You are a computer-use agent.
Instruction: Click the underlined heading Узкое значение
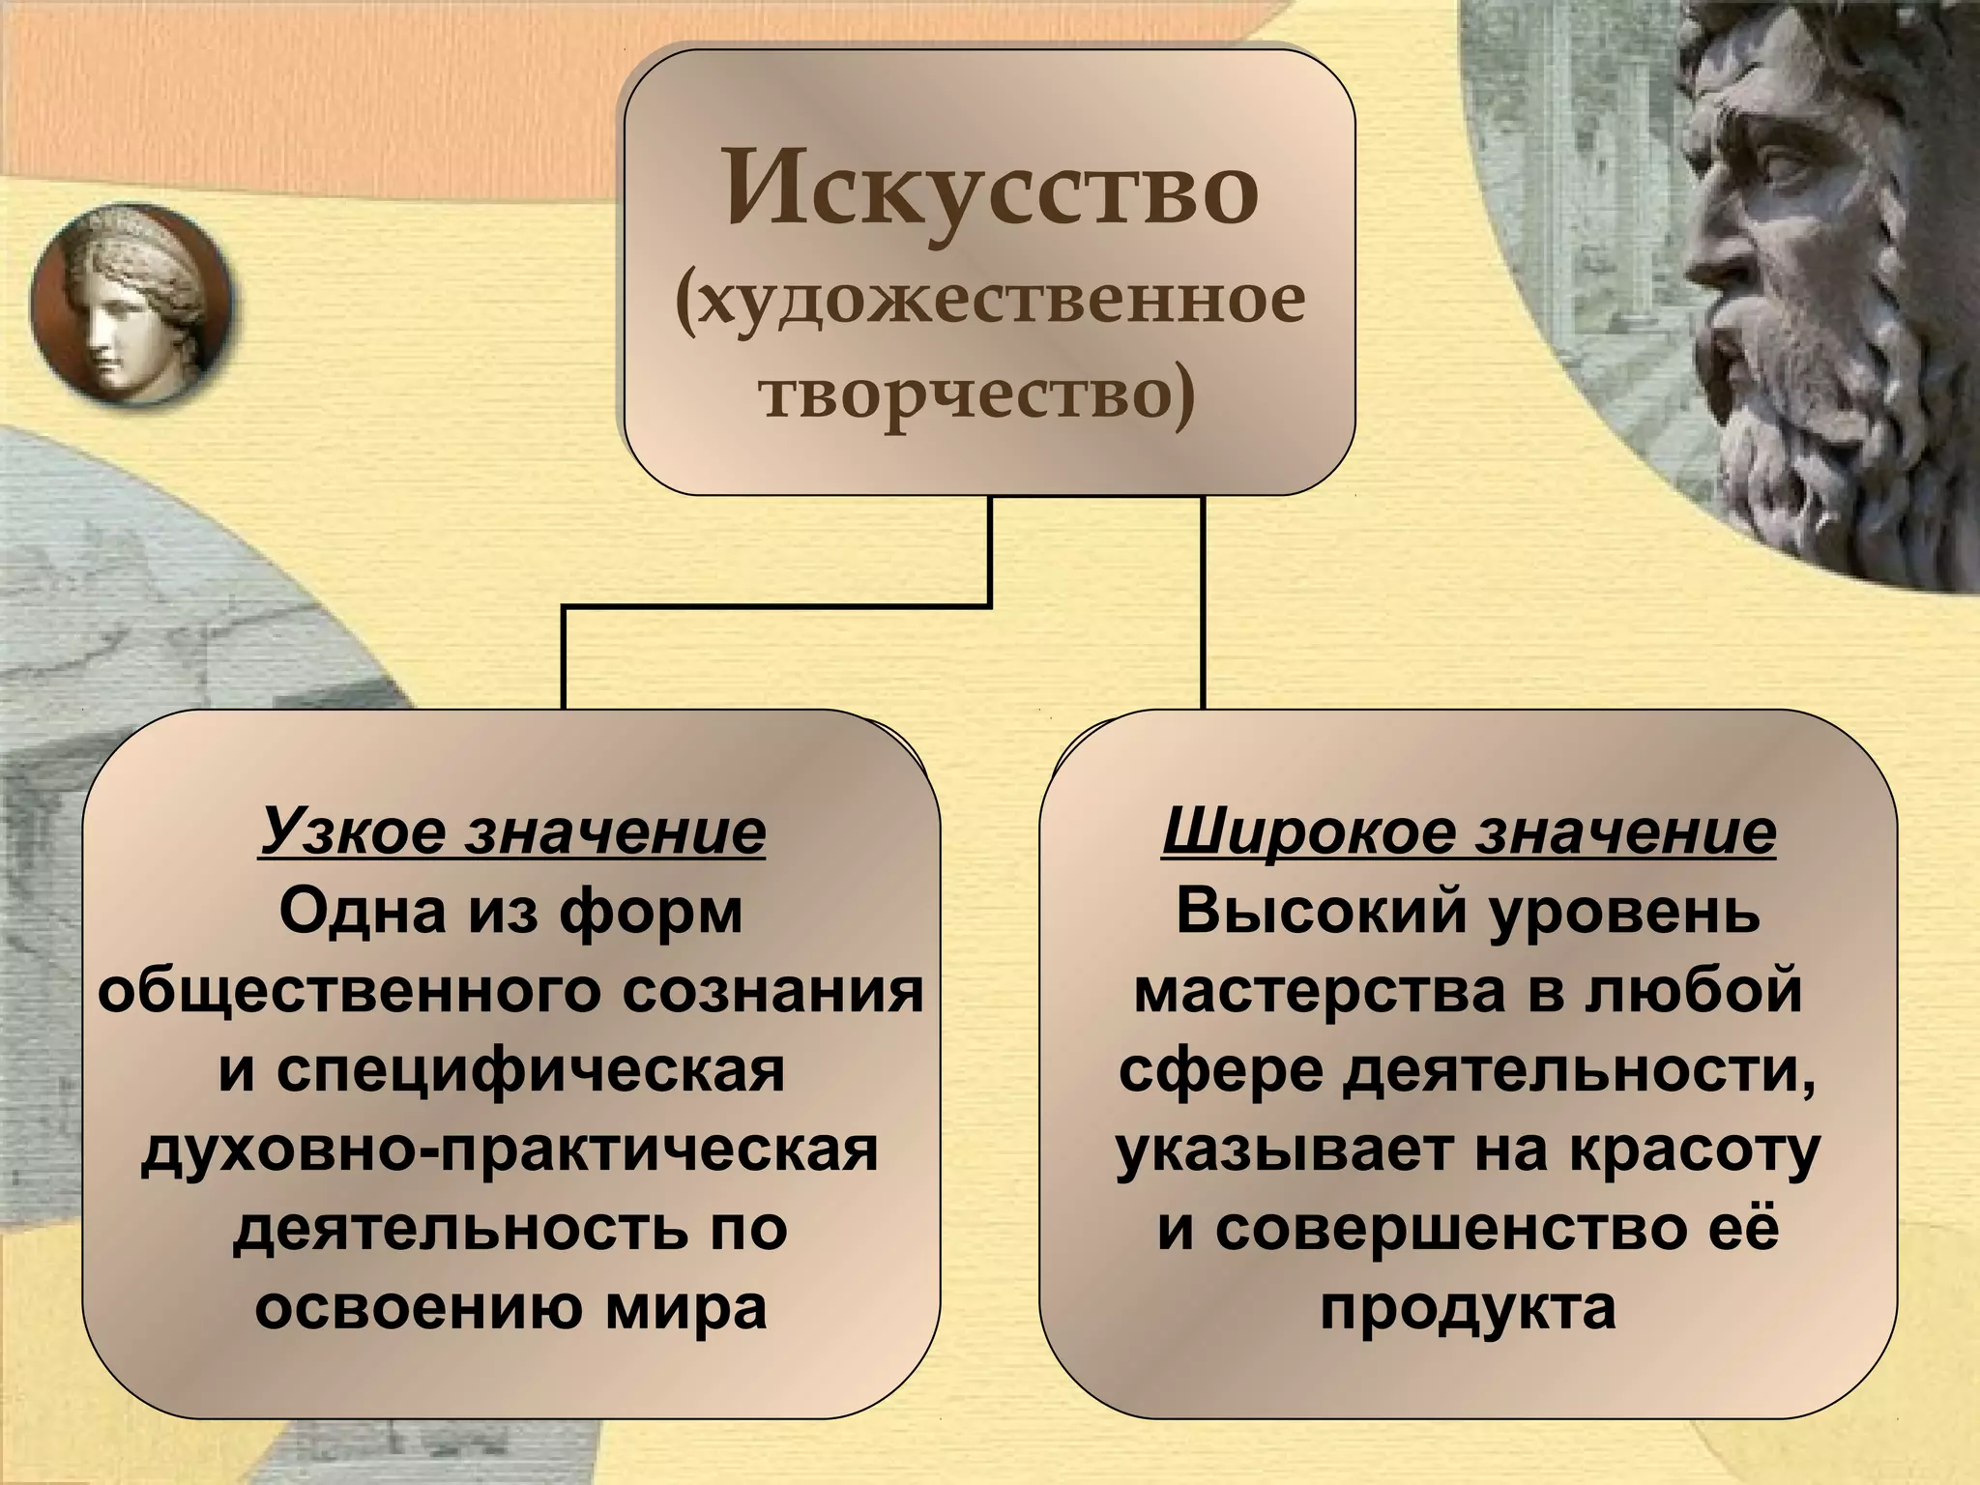(x=512, y=831)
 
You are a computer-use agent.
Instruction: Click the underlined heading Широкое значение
(x=1469, y=831)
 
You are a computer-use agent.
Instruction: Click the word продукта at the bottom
(x=1468, y=1308)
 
